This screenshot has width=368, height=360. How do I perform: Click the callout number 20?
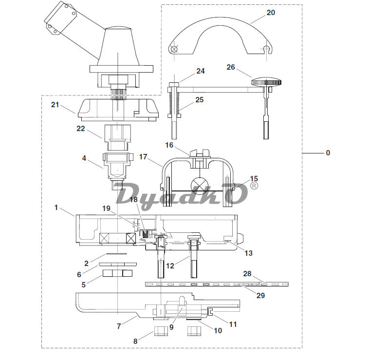(270, 13)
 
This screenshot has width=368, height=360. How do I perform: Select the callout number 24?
(201, 71)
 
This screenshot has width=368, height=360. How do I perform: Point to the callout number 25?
(199, 100)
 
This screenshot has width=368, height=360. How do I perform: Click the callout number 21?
(55, 105)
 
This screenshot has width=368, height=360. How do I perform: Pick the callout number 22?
(80, 129)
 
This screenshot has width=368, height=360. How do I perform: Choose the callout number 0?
(328, 153)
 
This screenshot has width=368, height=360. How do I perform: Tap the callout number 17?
(143, 157)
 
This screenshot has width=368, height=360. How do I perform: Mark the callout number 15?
(254, 179)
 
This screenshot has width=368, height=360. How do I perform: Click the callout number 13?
(249, 253)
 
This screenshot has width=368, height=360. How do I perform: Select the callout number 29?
(260, 295)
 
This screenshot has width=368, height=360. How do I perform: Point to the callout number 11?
(233, 324)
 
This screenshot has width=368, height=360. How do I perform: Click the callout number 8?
(135, 341)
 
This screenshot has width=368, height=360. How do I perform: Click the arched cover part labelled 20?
(221, 29)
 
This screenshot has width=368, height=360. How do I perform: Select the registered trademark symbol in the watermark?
(254, 186)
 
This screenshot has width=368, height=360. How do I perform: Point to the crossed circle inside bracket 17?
(199, 185)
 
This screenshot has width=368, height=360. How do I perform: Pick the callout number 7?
(118, 326)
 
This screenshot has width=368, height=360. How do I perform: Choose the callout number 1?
(56, 208)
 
